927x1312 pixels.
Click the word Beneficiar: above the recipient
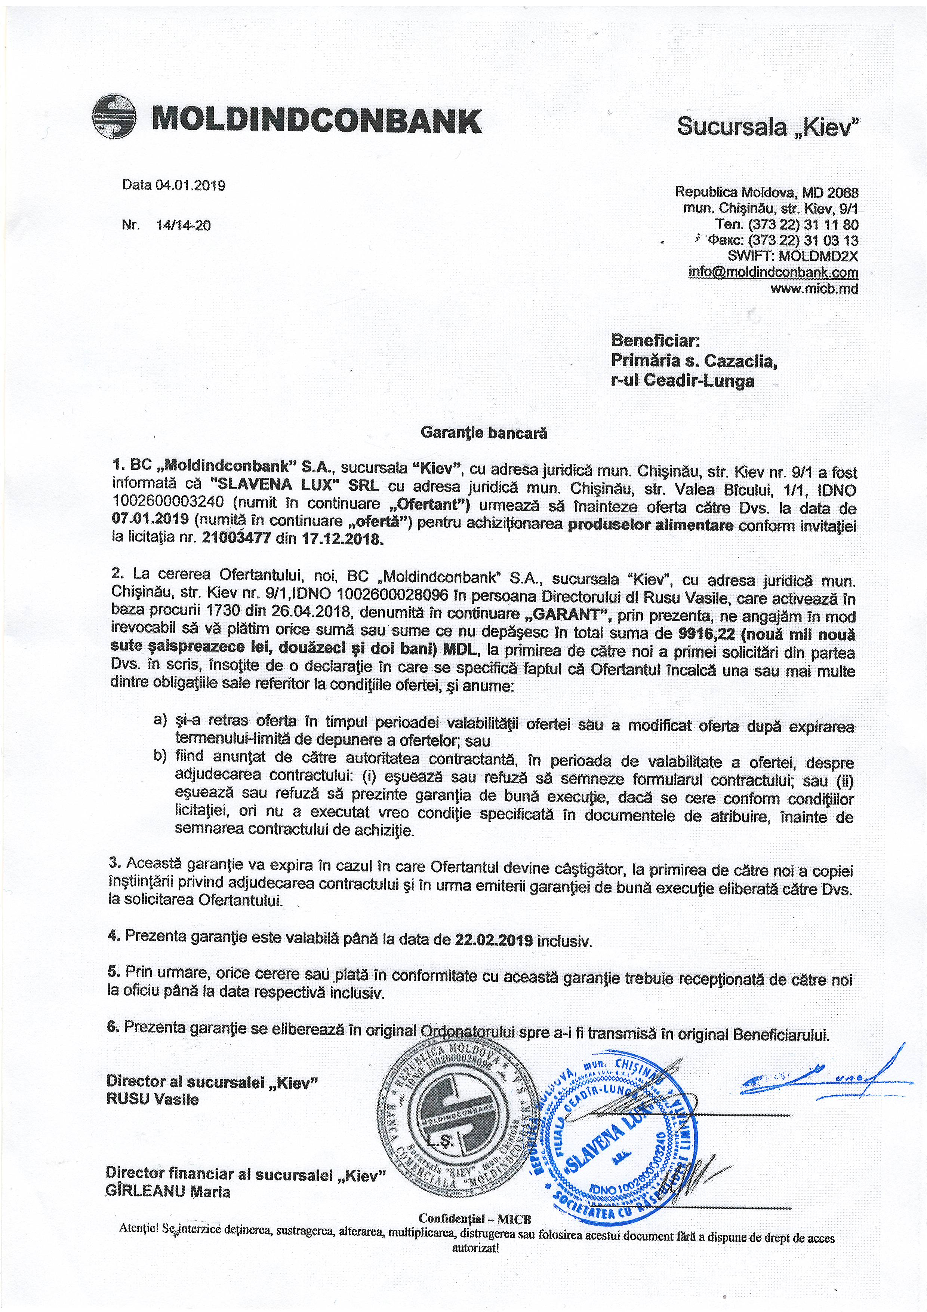click(x=655, y=341)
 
